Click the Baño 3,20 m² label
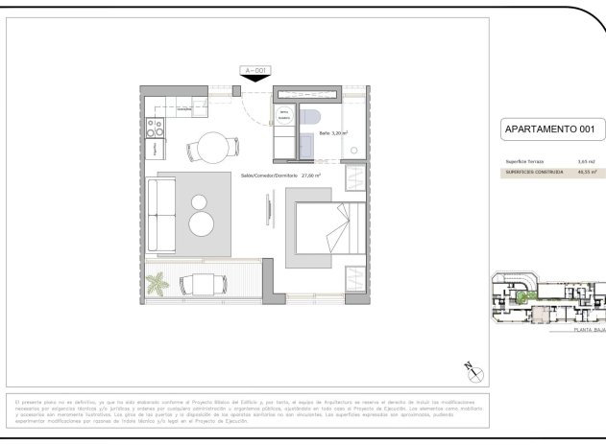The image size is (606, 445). click(x=333, y=133)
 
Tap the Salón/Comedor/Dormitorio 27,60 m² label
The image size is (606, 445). click(x=279, y=176)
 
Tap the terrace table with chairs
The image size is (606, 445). click(x=201, y=284)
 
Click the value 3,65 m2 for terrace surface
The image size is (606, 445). click(x=586, y=162)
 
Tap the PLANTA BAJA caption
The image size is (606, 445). click(x=588, y=329)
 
